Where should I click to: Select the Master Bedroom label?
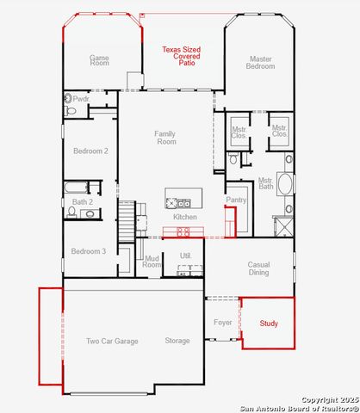[x=261, y=64]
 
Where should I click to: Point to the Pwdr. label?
[x=81, y=99]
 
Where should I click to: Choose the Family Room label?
[x=165, y=138]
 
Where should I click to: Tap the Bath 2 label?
[x=82, y=202]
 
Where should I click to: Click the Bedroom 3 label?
[x=88, y=251]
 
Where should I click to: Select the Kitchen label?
[x=185, y=217]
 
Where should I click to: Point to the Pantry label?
[x=236, y=200]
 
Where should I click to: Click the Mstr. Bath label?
[x=266, y=184]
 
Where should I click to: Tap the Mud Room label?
[x=152, y=262]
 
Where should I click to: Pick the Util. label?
[x=185, y=256]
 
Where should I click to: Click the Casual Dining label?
[x=258, y=268]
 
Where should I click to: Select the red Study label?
[x=269, y=324]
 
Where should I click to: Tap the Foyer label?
[x=223, y=324]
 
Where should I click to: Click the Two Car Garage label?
[x=112, y=342]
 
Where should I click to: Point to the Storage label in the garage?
[x=177, y=342]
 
